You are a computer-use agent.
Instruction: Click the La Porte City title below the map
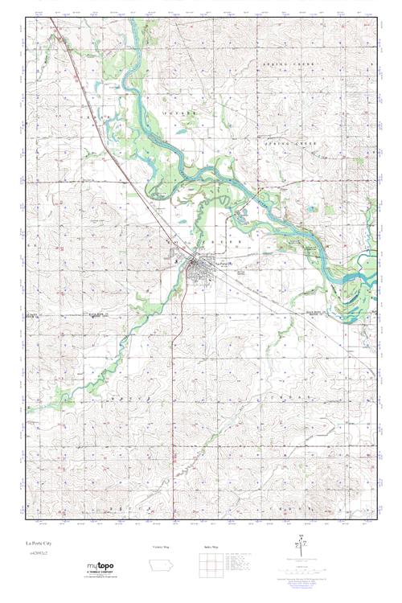(x=38, y=544)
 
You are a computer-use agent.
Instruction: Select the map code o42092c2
(x=37, y=554)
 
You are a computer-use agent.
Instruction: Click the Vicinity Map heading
(x=162, y=548)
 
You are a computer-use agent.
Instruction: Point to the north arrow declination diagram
(x=302, y=544)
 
